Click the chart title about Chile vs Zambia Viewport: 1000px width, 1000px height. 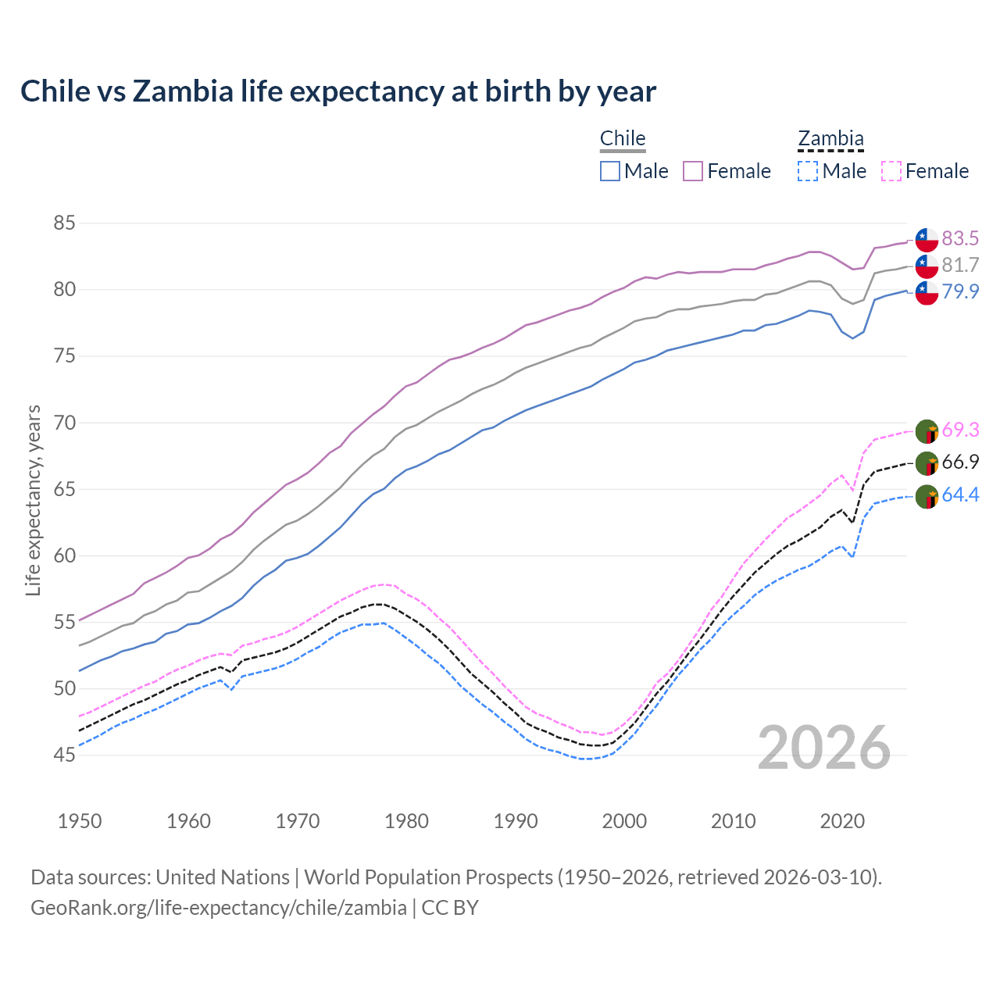(x=337, y=91)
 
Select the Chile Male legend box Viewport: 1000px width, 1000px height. (x=610, y=171)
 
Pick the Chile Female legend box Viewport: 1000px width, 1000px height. (x=693, y=171)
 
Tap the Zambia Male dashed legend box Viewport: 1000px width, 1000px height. (x=808, y=171)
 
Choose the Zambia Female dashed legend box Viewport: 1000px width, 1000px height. (x=891, y=171)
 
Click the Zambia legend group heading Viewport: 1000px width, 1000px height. (x=830, y=139)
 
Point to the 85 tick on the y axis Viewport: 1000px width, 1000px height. (x=64, y=223)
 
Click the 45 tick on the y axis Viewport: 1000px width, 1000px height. (x=64, y=755)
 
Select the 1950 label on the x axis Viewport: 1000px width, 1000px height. (x=80, y=821)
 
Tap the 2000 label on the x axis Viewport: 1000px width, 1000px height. (x=625, y=821)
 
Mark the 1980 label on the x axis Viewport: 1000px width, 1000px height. (x=407, y=821)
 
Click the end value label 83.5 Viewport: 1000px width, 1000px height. (x=960, y=238)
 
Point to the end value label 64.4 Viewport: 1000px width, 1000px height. (x=960, y=495)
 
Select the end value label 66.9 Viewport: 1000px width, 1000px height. (x=960, y=462)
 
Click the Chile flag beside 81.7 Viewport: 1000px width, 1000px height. (x=927, y=266)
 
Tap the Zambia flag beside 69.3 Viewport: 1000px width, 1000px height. (x=927, y=430)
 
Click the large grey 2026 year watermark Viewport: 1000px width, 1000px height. (x=823, y=748)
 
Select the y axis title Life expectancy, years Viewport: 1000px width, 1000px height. (x=33, y=500)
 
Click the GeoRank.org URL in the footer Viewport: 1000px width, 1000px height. (x=218, y=908)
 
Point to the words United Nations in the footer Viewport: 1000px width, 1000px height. (x=222, y=877)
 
